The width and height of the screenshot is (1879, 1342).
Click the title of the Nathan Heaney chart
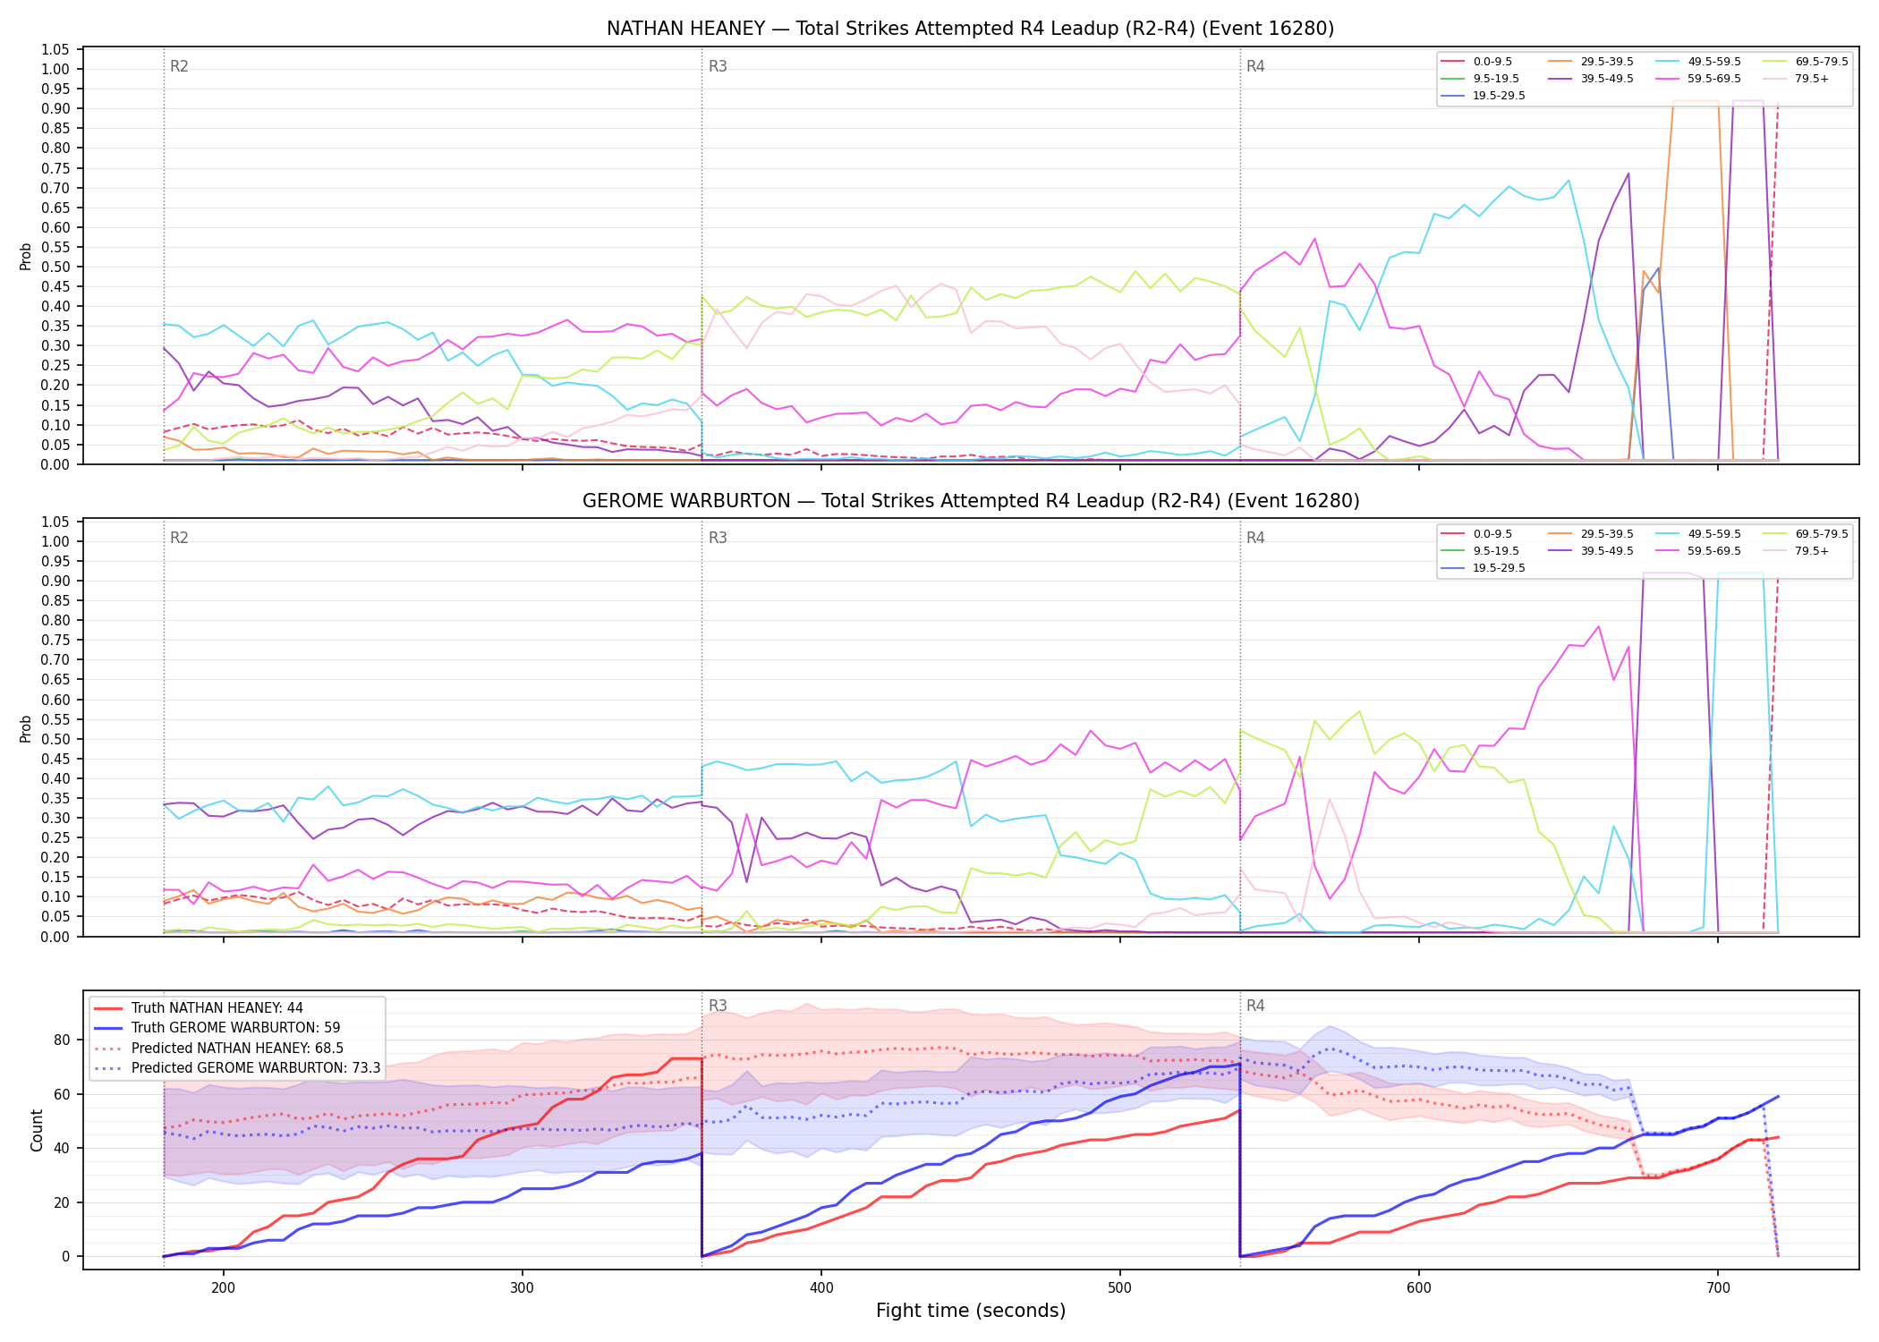(x=970, y=29)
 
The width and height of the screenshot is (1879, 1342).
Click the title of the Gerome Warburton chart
(x=970, y=501)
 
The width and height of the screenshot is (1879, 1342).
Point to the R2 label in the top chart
(x=179, y=66)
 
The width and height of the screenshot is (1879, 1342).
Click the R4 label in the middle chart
(x=1255, y=538)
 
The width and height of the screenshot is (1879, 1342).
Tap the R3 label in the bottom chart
(x=718, y=1006)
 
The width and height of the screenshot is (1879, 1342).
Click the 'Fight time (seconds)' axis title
(x=971, y=1311)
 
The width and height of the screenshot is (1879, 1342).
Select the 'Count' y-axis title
(x=37, y=1130)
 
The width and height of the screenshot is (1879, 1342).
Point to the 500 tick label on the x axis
(x=1119, y=1288)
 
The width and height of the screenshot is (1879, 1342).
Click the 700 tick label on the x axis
(x=1717, y=1288)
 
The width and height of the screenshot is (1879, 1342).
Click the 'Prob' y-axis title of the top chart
(x=26, y=257)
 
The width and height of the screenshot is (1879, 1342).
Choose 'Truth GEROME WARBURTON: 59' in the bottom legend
(x=236, y=1028)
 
